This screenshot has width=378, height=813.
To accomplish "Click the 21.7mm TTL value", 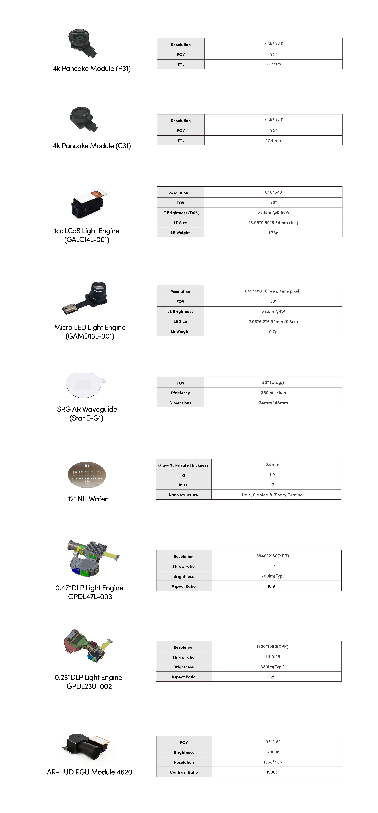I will coord(273,64).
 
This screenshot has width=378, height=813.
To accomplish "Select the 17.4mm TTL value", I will coord(273,140).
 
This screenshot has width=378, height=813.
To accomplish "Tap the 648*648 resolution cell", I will coord(273,192).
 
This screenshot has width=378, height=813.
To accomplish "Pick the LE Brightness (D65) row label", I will coord(180,213).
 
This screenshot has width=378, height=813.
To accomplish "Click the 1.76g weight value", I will coord(273,233).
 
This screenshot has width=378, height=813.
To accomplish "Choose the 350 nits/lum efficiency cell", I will coord(273,393).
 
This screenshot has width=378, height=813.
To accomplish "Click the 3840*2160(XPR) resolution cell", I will coord(272,556).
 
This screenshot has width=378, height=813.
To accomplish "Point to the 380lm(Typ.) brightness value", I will coord(272,667).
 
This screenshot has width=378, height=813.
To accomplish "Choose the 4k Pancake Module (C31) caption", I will coord(92,146).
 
